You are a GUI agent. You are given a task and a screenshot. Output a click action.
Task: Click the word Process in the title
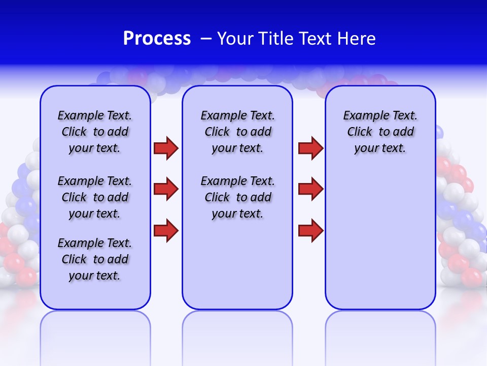(x=157, y=39)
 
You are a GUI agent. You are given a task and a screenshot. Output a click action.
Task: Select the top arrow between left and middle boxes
(x=166, y=148)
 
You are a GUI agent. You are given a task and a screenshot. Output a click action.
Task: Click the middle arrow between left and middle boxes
(x=166, y=189)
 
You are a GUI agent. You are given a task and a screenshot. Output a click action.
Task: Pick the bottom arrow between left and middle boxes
(x=166, y=230)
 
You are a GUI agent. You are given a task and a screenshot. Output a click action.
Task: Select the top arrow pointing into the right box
(x=310, y=148)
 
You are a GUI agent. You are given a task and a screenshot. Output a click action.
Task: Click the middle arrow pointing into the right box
(x=310, y=189)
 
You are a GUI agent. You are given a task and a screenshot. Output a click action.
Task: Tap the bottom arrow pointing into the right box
(x=310, y=230)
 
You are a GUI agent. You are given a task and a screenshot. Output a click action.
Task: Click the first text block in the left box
(x=95, y=132)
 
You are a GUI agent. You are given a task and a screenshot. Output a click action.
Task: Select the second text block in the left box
(x=95, y=197)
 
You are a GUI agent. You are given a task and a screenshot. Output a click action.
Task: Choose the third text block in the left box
(x=95, y=259)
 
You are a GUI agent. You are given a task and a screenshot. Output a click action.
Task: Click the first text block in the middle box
(x=237, y=132)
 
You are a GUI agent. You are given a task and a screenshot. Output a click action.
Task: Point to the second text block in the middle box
(x=237, y=197)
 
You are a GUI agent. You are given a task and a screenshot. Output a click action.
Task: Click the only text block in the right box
(x=380, y=132)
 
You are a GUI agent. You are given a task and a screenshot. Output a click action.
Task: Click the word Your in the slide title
(x=235, y=39)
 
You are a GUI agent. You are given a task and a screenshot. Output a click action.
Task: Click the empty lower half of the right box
(x=380, y=244)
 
